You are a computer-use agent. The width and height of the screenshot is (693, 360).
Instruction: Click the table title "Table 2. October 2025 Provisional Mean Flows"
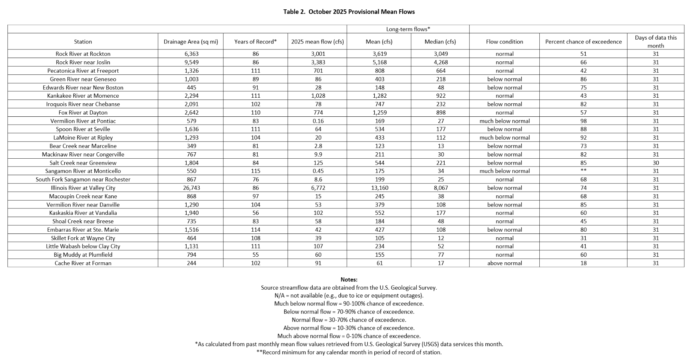(x=349, y=12)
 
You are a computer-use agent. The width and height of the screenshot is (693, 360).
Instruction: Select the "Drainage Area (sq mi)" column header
(x=191, y=42)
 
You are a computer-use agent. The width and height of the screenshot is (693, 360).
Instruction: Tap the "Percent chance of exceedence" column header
(x=583, y=42)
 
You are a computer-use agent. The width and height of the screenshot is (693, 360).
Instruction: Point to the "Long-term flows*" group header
(x=408, y=29)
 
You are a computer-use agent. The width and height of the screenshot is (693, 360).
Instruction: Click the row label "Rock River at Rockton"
(x=83, y=54)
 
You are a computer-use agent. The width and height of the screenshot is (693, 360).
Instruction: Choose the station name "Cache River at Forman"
(x=83, y=263)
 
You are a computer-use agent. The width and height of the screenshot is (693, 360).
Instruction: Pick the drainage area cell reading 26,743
(x=191, y=188)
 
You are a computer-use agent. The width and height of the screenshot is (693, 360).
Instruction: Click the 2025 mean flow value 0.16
(x=318, y=121)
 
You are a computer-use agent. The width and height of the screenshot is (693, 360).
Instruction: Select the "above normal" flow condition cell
(x=505, y=263)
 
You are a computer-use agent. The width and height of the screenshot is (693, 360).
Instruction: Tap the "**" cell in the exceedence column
(x=583, y=171)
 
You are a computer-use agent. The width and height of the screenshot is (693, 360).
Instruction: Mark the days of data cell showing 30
(x=656, y=163)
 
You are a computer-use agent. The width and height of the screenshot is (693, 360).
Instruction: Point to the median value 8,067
(x=440, y=188)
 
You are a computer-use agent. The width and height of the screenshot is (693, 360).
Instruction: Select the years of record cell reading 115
(x=255, y=171)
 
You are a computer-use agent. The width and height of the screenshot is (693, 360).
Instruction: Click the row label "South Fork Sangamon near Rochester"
(x=83, y=180)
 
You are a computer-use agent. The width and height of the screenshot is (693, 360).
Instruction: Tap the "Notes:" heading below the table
(x=349, y=280)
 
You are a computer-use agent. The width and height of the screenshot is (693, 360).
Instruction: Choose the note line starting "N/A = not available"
(x=349, y=296)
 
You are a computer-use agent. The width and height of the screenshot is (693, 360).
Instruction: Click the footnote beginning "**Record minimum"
(x=349, y=352)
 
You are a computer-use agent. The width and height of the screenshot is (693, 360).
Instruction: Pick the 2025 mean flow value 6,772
(x=318, y=188)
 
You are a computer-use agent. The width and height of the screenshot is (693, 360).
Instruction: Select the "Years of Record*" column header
(x=255, y=42)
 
